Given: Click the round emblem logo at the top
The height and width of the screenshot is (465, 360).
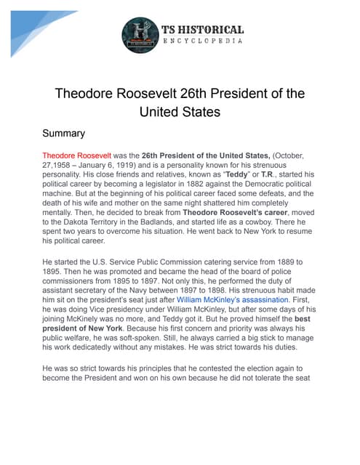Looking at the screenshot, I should (140, 35).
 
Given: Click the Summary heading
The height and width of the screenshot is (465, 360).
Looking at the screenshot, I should (64, 134).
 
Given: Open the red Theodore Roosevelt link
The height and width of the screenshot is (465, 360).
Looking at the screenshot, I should (76, 155).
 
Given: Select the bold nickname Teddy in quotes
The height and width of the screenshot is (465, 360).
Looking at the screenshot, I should (235, 175).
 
